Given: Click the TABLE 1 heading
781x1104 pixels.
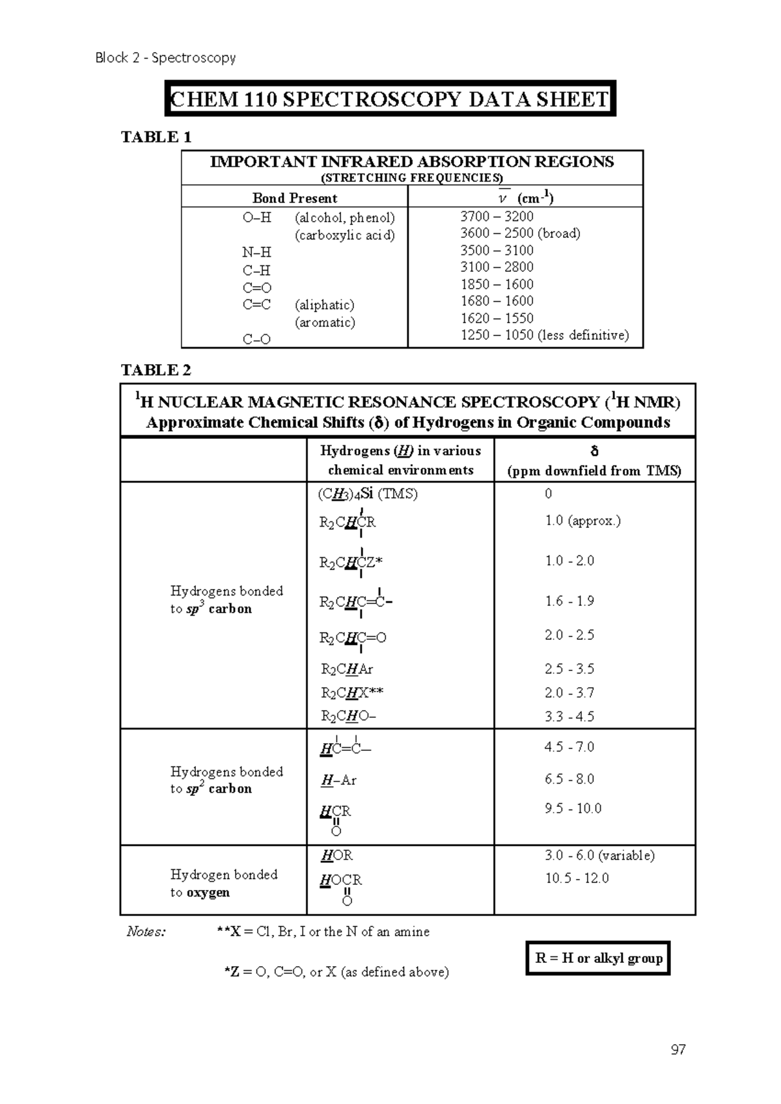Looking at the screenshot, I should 156,137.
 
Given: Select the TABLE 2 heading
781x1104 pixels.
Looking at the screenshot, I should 156,370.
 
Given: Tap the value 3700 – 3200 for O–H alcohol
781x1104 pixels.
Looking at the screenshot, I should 497,217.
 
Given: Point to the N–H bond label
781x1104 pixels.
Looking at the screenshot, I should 256,252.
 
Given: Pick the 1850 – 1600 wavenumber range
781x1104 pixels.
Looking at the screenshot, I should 497,284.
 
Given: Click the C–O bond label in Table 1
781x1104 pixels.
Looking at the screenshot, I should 256,339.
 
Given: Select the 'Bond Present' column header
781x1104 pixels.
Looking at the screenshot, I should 295,198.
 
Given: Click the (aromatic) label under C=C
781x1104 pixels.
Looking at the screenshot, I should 325,322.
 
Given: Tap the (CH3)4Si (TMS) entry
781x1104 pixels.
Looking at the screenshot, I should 368,493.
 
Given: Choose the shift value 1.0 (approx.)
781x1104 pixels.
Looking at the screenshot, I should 582,521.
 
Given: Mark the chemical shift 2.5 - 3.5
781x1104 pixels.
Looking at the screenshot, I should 569,669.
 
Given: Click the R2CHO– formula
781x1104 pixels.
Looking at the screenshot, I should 348,716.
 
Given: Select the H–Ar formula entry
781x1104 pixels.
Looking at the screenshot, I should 338,780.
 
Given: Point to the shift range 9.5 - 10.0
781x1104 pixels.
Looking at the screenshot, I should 573,809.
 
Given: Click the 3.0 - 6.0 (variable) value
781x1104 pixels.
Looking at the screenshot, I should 599,856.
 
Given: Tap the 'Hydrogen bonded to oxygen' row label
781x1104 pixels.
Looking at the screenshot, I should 223,883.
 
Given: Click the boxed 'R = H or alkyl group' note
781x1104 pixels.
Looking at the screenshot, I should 598,958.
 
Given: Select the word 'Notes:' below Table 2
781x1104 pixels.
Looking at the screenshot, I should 146,932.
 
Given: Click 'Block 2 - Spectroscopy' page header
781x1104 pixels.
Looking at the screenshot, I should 165,58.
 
